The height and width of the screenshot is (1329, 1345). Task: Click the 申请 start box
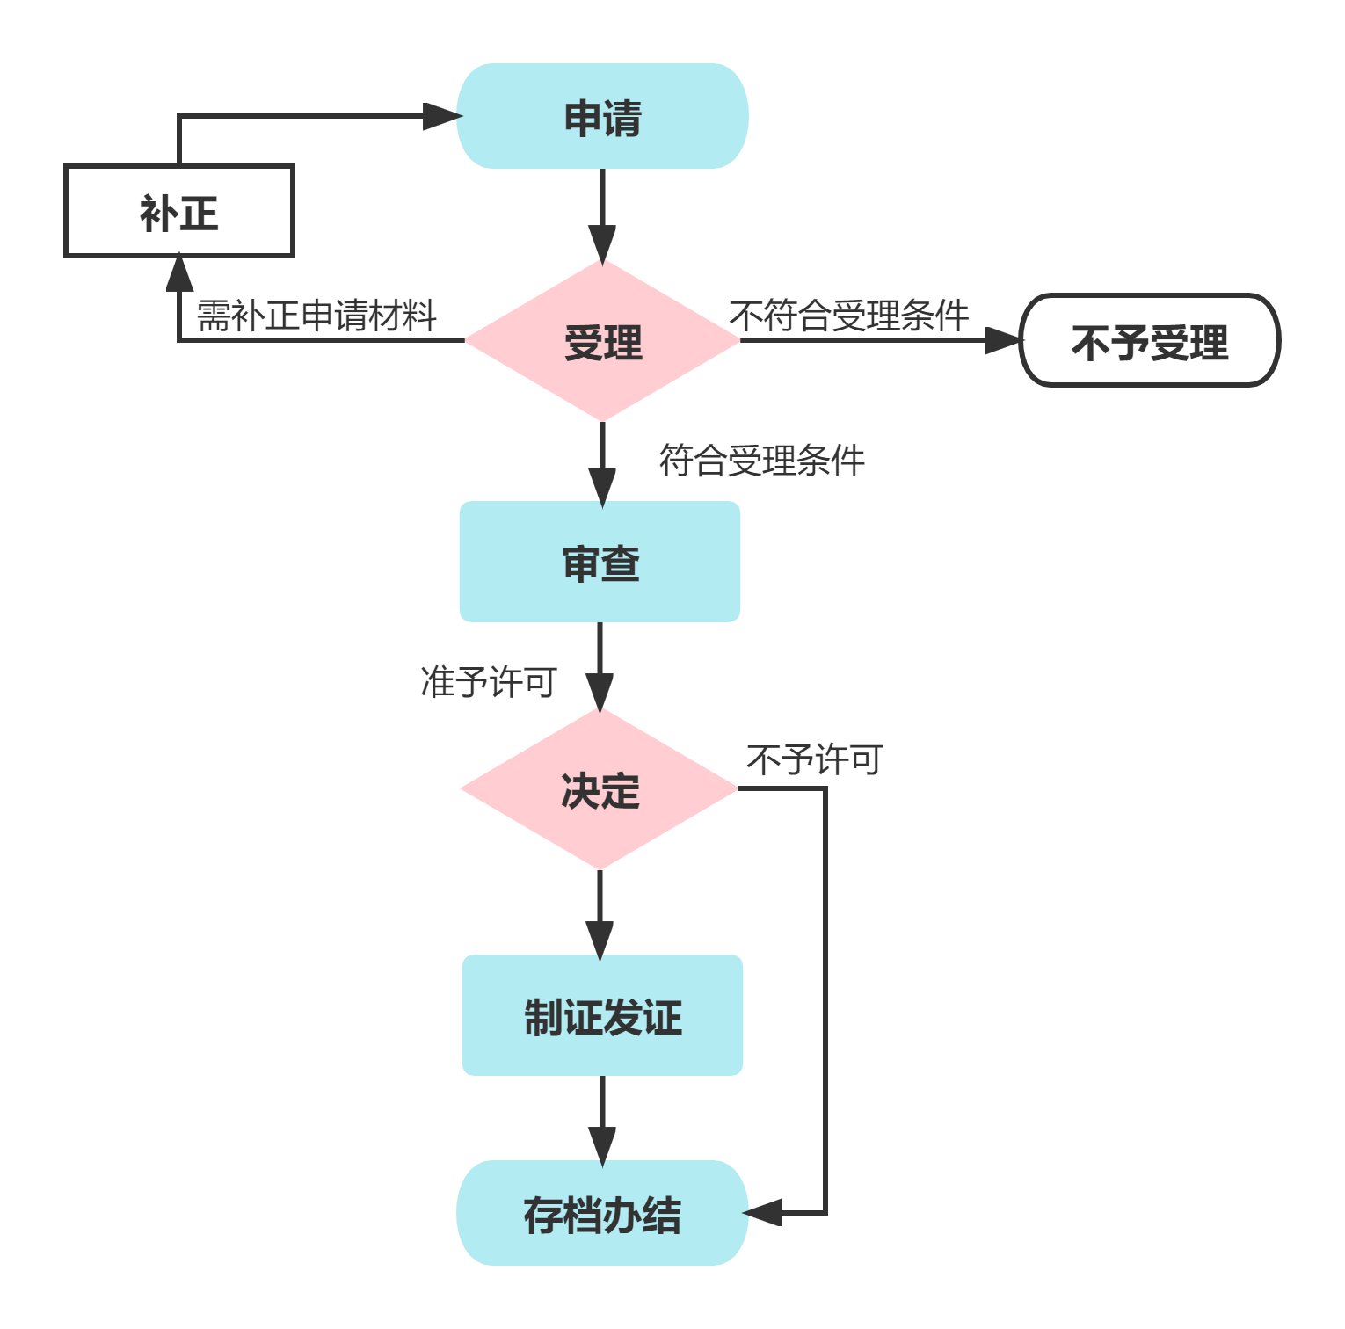(602, 116)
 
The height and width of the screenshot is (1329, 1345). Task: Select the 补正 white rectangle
(178, 211)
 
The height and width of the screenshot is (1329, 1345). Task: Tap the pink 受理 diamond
(602, 341)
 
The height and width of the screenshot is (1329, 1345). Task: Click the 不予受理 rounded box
(1149, 341)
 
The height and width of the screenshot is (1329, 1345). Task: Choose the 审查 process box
(600, 562)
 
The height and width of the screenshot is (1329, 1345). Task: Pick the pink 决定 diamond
(600, 788)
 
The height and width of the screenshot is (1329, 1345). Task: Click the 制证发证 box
(602, 1015)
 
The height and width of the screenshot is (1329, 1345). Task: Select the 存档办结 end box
(602, 1213)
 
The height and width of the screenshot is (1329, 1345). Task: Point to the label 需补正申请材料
(316, 316)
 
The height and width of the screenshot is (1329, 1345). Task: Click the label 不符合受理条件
(849, 316)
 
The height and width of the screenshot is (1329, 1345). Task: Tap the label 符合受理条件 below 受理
(761, 460)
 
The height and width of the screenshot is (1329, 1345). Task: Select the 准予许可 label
(489, 681)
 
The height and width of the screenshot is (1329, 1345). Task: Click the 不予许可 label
(814, 759)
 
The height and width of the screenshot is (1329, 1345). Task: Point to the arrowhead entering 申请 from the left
(441, 116)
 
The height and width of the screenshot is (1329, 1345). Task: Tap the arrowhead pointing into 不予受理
(1002, 341)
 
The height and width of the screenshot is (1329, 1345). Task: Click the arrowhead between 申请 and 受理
(602, 243)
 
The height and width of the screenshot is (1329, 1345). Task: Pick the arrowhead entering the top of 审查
(602, 485)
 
